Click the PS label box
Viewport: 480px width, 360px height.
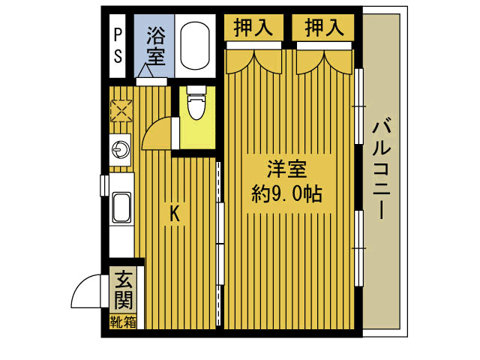pyautogui.click(x=118, y=45)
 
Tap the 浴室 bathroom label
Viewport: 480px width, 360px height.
pyautogui.click(x=155, y=44)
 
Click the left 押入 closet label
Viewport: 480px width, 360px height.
pyautogui.click(x=254, y=28)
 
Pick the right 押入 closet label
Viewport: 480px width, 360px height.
pyautogui.click(x=324, y=28)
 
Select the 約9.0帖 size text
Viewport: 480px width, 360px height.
pyautogui.click(x=287, y=195)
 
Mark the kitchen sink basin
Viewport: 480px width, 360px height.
pyautogui.click(x=121, y=208)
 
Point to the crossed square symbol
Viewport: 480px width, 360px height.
pyautogui.click(x=120, y=112)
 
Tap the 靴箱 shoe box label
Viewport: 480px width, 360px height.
pyautogui.click(x=122, y=322)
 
